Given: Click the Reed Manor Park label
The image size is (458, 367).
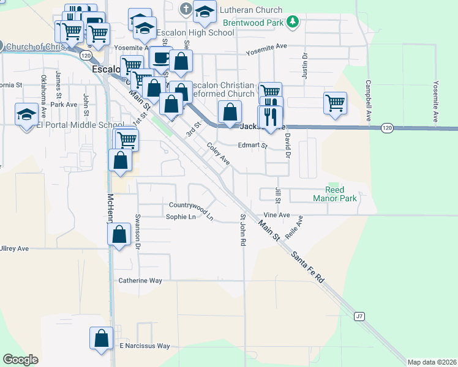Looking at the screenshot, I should click(334, 195).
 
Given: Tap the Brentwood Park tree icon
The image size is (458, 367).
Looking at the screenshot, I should click(293, 22).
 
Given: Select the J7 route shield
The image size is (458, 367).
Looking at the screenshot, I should click(359, 316).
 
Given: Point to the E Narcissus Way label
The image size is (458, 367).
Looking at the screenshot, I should click(145, 346).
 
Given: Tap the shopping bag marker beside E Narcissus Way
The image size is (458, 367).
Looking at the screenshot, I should click(101, 338).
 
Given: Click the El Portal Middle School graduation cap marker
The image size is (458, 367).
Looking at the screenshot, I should click(26, 114).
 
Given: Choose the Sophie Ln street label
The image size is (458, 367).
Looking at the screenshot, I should click(181, 217).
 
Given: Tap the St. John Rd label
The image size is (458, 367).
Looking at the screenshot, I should click(243, 229).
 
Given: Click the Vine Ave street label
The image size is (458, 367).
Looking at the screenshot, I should click(276, 215).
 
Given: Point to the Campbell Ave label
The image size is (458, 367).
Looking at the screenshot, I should click(369, 99).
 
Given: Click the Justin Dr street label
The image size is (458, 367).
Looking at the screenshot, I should click(304, 63).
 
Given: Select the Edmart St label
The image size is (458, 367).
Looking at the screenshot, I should click(253, 146).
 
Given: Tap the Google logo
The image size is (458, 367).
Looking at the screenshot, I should click(20, 359).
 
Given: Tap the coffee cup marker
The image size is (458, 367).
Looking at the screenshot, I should click(160, 58).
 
